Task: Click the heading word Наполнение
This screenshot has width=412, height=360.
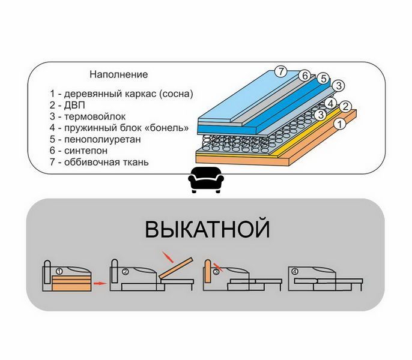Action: (x=118, y=74)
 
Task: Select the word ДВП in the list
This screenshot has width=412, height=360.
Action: (x=74, y=105)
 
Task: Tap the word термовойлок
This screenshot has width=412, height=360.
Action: (x=95, y=116)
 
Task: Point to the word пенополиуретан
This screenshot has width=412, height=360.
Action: (x=103, y=139)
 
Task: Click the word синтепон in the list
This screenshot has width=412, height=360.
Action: (x=86, y=151)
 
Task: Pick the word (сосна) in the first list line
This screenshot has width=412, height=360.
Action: (x=176, y=94)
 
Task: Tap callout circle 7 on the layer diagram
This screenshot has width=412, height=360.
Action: (x=281, y=71)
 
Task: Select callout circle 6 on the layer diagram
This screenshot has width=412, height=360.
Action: (x=305, y=76)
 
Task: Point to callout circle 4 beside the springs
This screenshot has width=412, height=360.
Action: (x=330, y=104)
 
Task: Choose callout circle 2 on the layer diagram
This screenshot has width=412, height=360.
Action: (x=345, y=107)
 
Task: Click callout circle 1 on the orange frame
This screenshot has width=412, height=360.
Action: (x=340, y=124)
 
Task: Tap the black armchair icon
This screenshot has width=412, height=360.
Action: (x=206, y=180)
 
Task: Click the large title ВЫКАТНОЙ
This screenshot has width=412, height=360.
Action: (x=207, y=229)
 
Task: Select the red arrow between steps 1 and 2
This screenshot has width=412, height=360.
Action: (x=100, y=283)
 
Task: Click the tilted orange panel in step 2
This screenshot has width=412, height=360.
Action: (x=176, y=268)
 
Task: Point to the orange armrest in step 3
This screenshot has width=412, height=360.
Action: (x=208, y=271)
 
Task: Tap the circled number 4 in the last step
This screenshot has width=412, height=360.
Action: (x=295, y=272)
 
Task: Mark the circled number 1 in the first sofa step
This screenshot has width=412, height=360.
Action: (x=59, y=271)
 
